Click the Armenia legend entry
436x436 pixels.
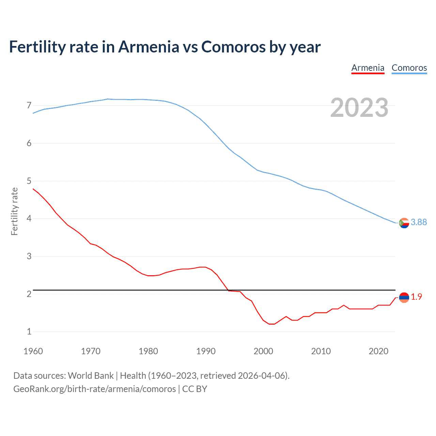(x=368, y=68)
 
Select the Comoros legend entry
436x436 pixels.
(x=409, y=68)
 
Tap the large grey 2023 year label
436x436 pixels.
(x=359, y=108)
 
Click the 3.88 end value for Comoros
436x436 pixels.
(x=419, y=222)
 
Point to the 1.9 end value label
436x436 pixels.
(x=416, y=297)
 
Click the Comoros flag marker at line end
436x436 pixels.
(x=404, y=223)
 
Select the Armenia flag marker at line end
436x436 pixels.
(x=404, y=298)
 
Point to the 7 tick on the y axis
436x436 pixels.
(x=29, y=105)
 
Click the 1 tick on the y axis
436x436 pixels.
(x=29, y=331)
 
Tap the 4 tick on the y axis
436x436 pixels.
(x=29, y=218)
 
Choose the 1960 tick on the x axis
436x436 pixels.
(x=33, y=351)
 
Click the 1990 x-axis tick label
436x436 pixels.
(x=206, y=351)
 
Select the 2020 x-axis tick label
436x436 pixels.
(x=378, y=351)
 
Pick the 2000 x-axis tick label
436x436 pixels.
(x=263, y=351)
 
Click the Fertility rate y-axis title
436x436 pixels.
(x=14, y=211)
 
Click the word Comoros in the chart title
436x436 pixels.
(x=233, y=47)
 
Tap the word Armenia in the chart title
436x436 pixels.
(x=149, y=47)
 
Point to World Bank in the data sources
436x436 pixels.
(x=91, y=376)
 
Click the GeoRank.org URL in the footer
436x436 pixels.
(x=94, y=389)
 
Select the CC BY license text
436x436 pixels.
(x=194, y=389)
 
